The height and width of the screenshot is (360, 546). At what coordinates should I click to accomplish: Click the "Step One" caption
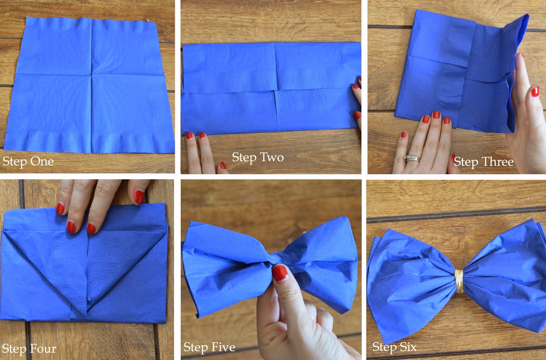[28, 162]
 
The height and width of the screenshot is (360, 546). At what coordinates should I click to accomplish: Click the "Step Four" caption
[29, 348]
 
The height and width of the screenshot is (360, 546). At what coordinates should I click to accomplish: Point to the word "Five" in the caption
[225, 347]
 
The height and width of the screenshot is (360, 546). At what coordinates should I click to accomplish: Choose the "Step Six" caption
[394, 347]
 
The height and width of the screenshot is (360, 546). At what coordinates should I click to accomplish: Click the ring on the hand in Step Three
[412, 158]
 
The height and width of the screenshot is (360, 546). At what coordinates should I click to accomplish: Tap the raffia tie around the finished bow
[459, 281]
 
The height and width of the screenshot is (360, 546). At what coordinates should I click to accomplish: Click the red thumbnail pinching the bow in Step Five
[280, 273]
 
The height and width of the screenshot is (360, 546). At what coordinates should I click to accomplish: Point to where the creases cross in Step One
[92, 74]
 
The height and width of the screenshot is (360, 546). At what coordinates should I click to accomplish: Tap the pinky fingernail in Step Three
[404, 135]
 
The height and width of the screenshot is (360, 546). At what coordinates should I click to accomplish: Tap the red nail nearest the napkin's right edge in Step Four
[139, 197]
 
